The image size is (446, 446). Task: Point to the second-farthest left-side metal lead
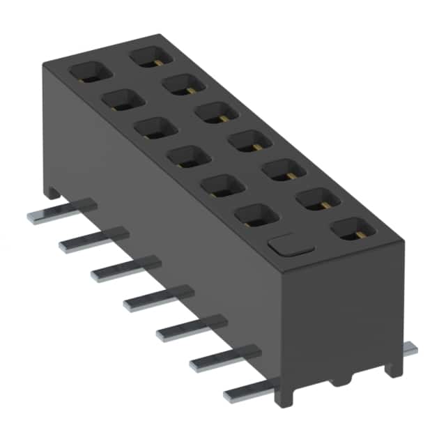[94, 238]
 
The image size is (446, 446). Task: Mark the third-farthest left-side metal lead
[125, 268]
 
